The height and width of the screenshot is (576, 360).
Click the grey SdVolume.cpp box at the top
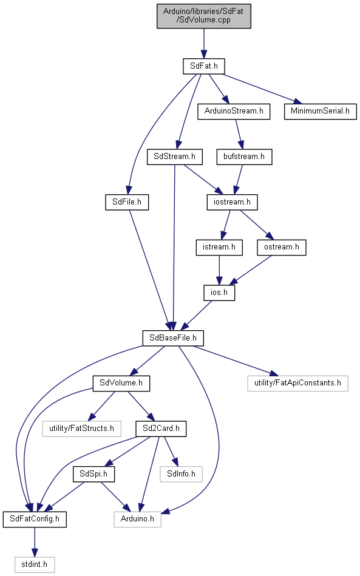point(204,16)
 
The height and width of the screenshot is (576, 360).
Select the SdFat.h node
point(204,66)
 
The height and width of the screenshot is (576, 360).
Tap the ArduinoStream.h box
point(234,111)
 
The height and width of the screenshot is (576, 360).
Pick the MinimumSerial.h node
point(321,111)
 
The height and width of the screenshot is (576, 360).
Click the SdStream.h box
point(174,157)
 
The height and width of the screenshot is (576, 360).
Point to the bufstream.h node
point(244,157)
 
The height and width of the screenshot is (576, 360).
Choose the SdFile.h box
point(127,202)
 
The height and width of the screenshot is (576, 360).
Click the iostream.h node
point(232,202)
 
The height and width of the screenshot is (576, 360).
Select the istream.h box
point(219,247)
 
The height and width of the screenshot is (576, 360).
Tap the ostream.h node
point(282,247)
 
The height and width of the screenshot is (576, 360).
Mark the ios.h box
point(219,293)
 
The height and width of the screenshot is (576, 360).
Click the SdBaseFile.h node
point(173,338)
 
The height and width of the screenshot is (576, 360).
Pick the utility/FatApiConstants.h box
point(297,383)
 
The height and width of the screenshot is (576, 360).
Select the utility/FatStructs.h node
point(81,429)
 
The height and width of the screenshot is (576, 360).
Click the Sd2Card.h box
point(161,429)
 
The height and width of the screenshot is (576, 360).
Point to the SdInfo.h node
point(181,474)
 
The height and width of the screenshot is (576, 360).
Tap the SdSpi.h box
point(93,474)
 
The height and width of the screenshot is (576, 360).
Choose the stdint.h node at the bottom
point(35,564)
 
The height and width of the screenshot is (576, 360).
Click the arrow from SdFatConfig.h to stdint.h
point(35,542)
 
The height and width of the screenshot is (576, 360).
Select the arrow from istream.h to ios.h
point(219,270)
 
